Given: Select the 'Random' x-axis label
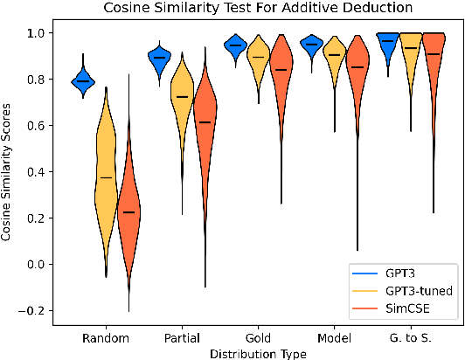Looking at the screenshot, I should point(106,337).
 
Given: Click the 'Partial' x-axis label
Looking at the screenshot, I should point(182,337).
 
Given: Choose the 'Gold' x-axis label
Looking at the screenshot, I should point(258,337).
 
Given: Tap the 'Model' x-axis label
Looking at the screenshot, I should point(333,337).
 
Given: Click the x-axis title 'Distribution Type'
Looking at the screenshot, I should point(258,352).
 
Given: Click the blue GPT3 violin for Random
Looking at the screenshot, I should point(83,80).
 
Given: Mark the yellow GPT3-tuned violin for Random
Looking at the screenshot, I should point(107,183).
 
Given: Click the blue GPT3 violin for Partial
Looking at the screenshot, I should point(159,58).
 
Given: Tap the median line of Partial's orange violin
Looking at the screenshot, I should point(205,122).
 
